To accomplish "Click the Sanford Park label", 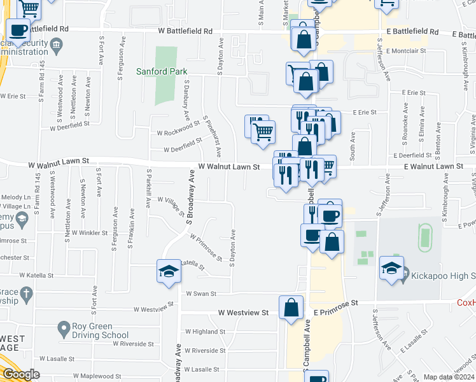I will coord(162,71).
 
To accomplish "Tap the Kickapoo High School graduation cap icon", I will coord(391,269).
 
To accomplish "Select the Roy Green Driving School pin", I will coord(63,329).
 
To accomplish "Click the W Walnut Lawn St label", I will coord(229,166).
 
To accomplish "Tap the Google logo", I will coord(20,374).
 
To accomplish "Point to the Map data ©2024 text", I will coord(449,377).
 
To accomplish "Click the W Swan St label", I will coord(201,294).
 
